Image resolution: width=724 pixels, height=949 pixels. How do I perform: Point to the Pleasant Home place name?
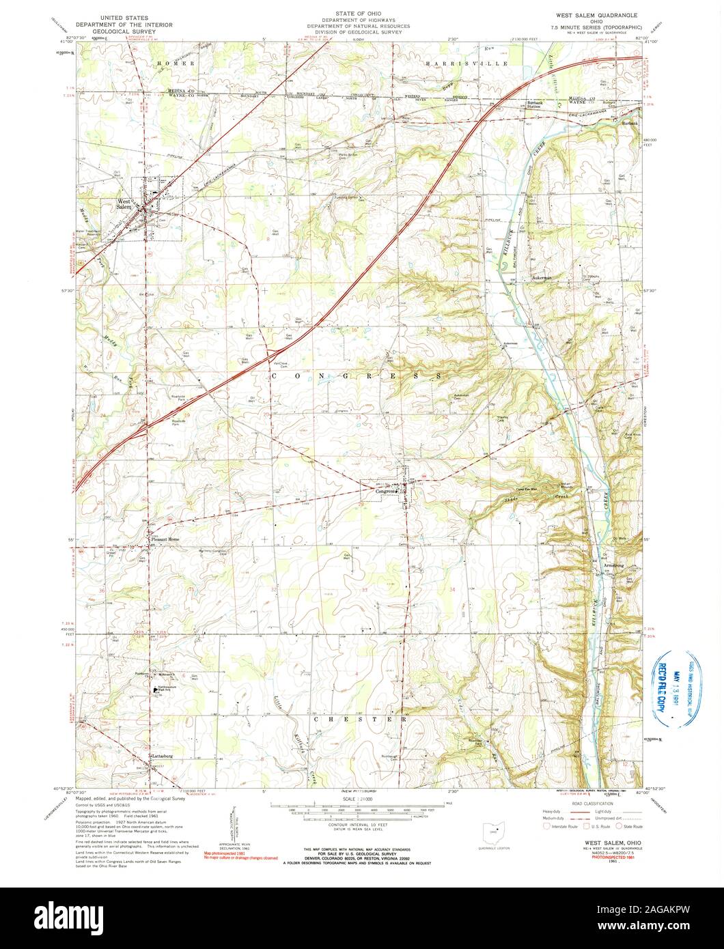165,539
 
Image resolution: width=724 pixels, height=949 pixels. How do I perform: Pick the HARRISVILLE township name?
467,63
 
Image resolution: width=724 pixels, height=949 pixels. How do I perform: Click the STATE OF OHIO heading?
363,13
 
